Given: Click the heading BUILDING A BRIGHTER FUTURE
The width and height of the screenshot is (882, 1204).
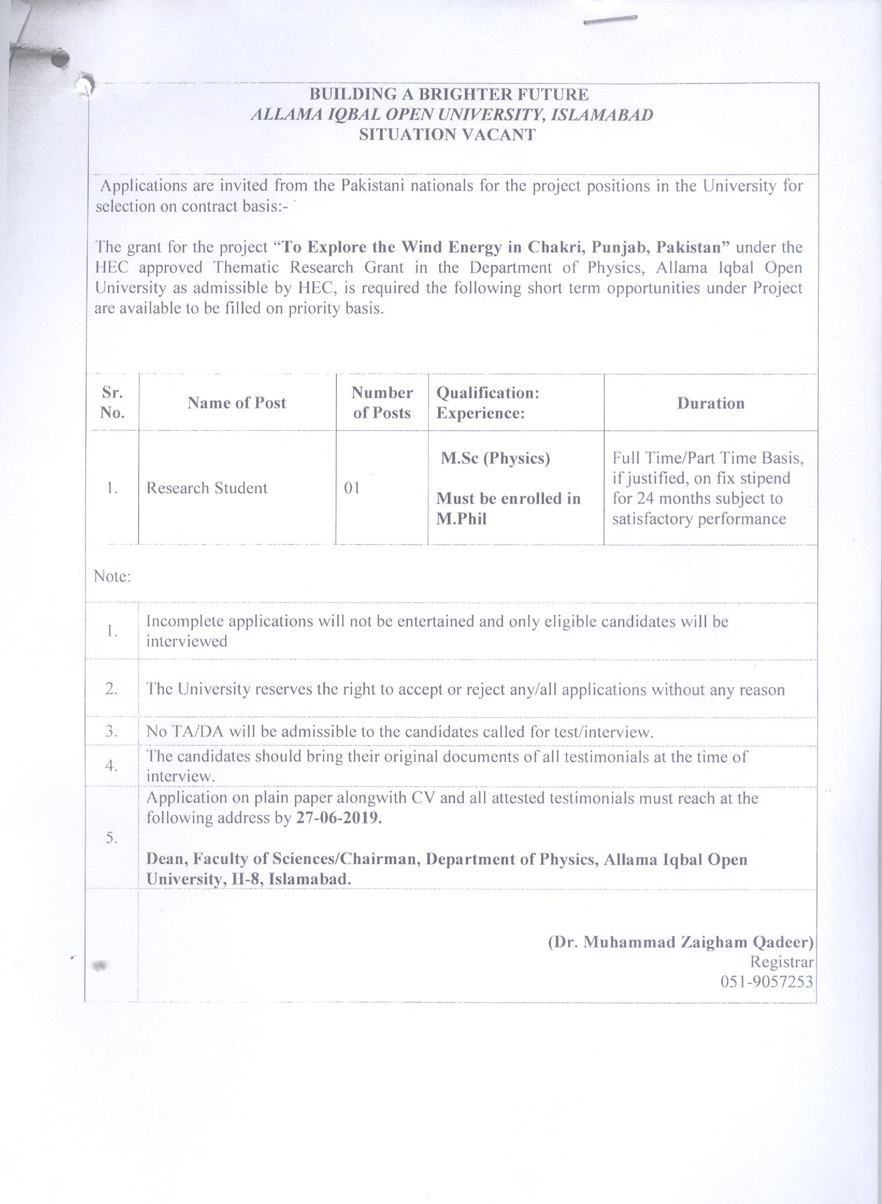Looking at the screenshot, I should tap(449, 95).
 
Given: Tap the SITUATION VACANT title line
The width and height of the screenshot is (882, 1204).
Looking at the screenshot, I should tap(448, 134).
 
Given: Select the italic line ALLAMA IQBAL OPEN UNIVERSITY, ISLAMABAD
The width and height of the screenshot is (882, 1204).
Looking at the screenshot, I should tap(451, 114).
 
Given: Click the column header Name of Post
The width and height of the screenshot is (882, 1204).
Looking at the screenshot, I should tap(236, 403).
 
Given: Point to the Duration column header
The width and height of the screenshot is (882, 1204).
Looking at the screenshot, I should tap(711, 403).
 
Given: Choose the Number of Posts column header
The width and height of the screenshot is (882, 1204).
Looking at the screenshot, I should tap(382, 402).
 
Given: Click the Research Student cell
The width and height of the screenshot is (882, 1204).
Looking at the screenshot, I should tap(207, 488).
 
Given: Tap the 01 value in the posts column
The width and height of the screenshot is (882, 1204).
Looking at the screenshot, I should tap(352, 488).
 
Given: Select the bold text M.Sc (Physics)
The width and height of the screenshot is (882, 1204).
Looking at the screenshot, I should tap(496, 458).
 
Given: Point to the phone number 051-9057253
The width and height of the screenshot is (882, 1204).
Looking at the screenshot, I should tap(766, 982).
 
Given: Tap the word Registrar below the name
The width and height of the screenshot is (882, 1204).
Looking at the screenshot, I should tap(782, 962).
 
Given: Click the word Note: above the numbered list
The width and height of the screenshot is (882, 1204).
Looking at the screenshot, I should tap(112, 576).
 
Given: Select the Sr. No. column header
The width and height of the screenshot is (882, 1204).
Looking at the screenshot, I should tap(112, 402).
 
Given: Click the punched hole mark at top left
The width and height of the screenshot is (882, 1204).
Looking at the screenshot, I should tap(61, 59).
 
